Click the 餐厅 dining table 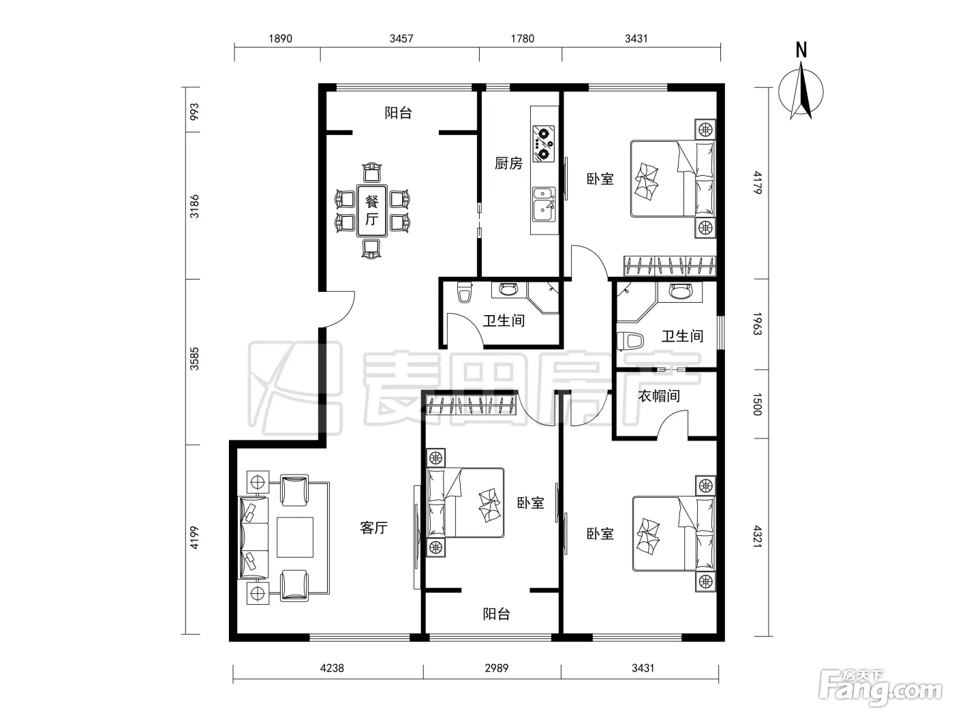click(x=371, y=211)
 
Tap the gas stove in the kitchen click(x=544, y=143)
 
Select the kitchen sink click(x=544, y=205)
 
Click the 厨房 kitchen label click(x=508, y=164)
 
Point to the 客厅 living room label click(x=374, y=527)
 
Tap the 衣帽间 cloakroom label click(x=659, y=396)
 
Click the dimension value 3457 click(x=401, y=39)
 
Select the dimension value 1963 click(x=758, y=324)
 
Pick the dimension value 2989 click(x=496, y=668)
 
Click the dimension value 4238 click(x=332, y=668)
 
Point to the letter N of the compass click(x=801, y=50)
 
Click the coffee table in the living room click(x=295, y=537)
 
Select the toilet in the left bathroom click(x=465, y=292)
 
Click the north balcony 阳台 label click(x=398, y=113)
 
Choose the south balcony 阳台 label click(x=496, y=614)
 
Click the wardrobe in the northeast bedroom click(x=670, y=266)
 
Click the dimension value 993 click(x=194, y=112)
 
